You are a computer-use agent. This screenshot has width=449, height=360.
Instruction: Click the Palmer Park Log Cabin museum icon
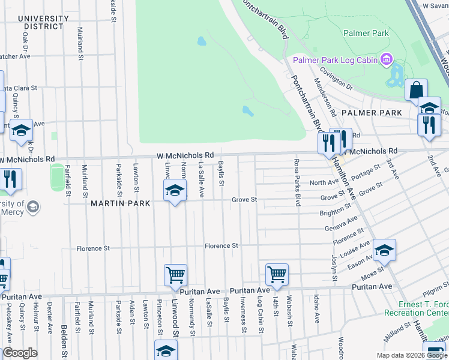[386, 59]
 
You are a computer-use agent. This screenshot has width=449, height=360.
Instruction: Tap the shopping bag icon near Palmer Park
[416, 91]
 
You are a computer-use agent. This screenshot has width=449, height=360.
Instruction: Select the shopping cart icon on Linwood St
[175, 275]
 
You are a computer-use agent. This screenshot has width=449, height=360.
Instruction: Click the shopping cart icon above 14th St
[277, 274]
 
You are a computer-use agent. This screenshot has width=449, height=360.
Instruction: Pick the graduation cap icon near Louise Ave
[384, 250]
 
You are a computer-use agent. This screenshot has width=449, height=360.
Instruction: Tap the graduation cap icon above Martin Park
[175, 191]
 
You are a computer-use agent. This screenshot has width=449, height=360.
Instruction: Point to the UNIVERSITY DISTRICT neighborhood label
[41, 22]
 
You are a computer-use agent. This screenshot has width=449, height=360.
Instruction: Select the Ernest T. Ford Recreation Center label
[422, 309]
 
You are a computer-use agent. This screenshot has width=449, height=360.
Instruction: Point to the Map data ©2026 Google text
[412, 355]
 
